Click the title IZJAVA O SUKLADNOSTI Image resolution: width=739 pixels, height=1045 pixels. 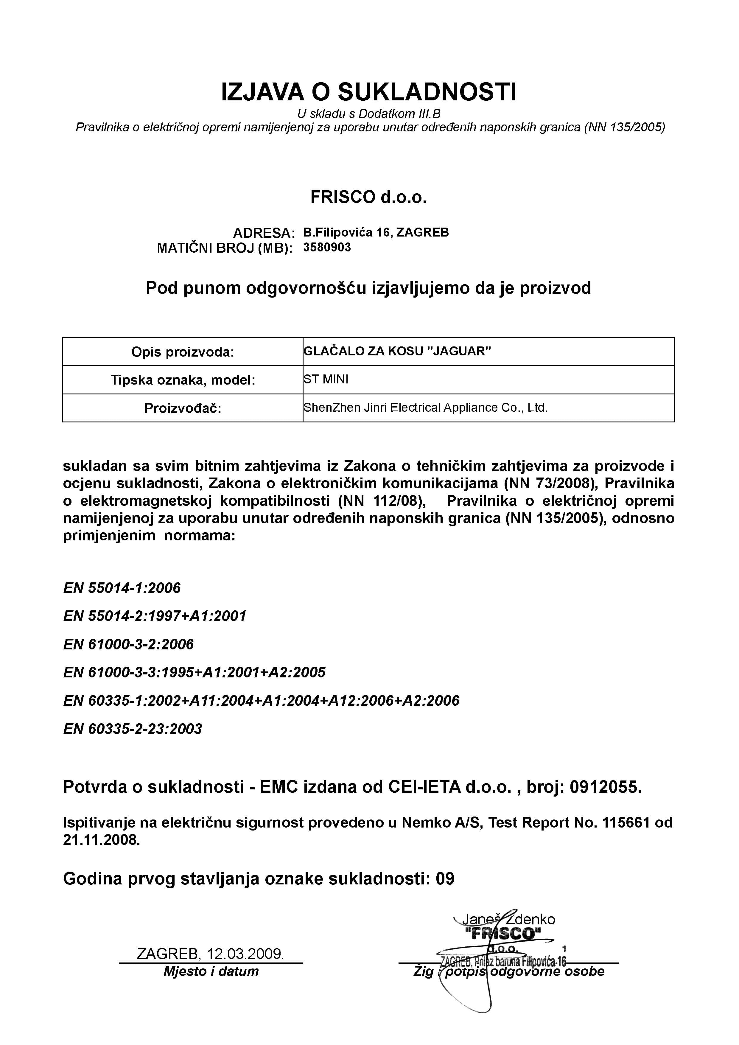pos(368,92)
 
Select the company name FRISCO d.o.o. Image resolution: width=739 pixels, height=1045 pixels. pos(368,198)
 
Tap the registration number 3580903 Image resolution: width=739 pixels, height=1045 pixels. pos(327,248)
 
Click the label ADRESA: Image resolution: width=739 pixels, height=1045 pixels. pos(264,233)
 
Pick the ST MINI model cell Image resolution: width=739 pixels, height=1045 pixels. pos(326,379)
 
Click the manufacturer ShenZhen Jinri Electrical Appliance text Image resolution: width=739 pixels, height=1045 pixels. pos(425,407)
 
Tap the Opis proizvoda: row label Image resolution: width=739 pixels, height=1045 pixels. pos(183,352)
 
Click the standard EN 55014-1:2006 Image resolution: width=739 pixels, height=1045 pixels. pos(122,588)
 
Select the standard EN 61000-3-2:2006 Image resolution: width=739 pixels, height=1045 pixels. pos(128,644)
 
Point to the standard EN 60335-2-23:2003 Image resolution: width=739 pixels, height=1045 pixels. pos(133,729)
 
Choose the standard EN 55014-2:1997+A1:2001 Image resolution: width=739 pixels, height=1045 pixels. pos(155,616)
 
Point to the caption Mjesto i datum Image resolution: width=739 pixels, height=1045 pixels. pos(211,971)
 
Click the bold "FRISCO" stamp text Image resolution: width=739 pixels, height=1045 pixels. pos(503,934)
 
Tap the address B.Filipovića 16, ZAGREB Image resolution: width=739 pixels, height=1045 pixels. pos(376,233)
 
